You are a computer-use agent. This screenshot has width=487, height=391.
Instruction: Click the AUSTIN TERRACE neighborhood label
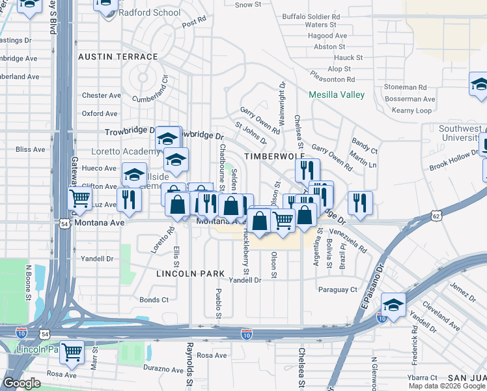pos(118,57)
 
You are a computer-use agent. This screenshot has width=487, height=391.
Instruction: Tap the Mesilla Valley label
pos(337,94)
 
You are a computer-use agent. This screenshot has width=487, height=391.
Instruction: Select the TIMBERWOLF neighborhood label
pos(265,157)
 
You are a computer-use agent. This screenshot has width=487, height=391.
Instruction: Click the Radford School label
pos(149,12)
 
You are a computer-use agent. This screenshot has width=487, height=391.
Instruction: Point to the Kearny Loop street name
pos(411,111)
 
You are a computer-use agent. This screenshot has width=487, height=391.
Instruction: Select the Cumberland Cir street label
pos(150,99)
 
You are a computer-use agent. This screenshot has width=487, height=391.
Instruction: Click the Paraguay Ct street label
pos(337,289)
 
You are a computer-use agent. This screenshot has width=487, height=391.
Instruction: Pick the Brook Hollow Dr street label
pos(454,160)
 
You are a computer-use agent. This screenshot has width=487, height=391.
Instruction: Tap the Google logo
pos(21,383)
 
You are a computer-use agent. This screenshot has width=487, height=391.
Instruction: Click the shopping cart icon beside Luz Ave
pos(79,197)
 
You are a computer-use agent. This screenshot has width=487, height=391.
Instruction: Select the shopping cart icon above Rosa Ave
pos(72,353)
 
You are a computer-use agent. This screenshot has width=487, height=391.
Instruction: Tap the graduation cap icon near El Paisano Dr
pos(393,304)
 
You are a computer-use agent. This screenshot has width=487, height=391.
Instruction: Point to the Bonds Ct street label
pos(154,300)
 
